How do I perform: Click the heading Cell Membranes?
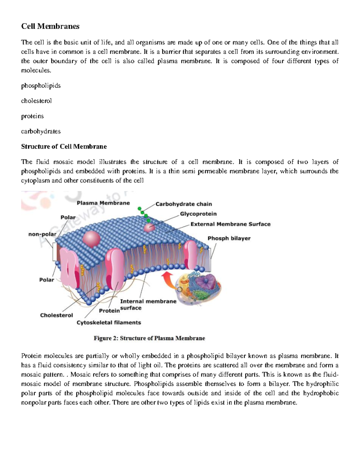(50, 26)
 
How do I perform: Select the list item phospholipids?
(41, 86)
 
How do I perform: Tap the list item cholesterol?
(36, 101)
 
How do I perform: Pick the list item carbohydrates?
(41, 131)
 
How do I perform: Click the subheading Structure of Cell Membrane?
(64, 146)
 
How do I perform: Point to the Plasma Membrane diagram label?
(103, 203)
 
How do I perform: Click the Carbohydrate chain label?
(184, 204)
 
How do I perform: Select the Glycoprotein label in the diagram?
(198, 214)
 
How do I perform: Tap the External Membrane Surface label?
(230, 224)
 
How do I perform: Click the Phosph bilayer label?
(229, 238)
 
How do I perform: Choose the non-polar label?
(42, 234)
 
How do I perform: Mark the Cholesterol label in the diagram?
(56, 315)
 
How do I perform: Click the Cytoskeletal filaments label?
(109, 323)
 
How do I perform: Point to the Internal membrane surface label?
(148, 304)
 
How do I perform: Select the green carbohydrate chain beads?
(143, 213)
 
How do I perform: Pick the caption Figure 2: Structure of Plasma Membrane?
(149, 338)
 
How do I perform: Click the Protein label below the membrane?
(109, 311)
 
